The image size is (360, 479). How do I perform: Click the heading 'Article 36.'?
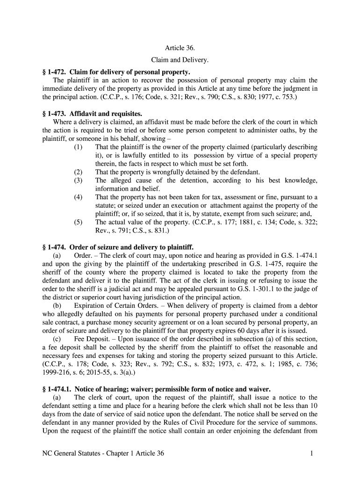pyautogui.click(x=180, y=48)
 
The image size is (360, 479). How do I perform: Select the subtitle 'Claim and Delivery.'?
pyautogui.click(x=180, y=60)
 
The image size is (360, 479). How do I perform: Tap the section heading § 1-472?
pyautogui.click(x=116, y=72)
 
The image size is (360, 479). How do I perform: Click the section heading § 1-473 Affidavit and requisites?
pyautogui.click(x=92, y=114)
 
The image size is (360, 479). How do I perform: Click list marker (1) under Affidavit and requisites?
pyautogui.click(x=79, y=147)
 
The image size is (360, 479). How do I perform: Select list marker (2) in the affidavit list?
pyautogui.click(x=79, y=172)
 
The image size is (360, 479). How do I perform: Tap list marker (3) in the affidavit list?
pyautogui.click(x=79, y=181)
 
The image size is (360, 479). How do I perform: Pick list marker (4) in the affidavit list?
pyautogui.click(x=79, y=197)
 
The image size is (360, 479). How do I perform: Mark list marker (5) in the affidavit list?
pyautogui.click(x=79, y=222)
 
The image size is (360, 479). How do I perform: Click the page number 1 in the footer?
pyautogui.click(x=310, y=453)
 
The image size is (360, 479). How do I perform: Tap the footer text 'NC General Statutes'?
pyautogui.click(x=72, y=453)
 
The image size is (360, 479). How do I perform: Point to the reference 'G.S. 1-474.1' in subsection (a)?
pyautogui.click(x=297, y=255)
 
